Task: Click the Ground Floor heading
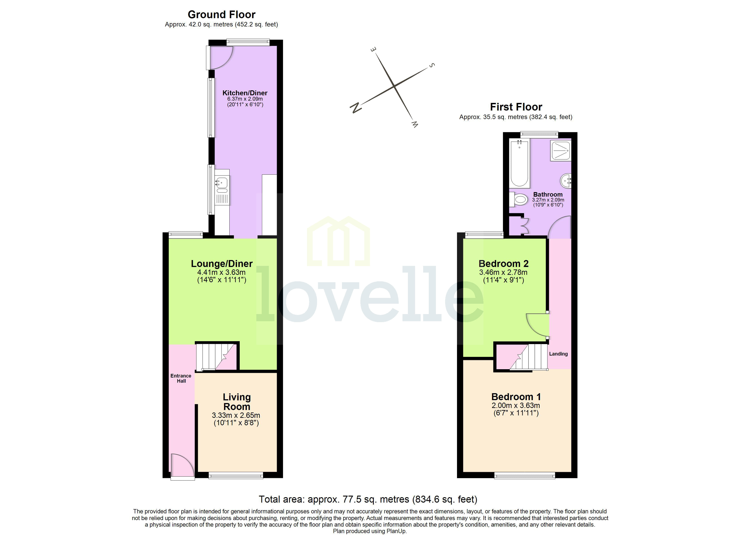click(x=221, y=14)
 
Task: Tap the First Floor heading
click(x=516, y=107)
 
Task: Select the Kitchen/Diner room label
click(x=245, y=93)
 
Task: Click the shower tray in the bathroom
click(x=561, y=150)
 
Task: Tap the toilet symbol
click(x=519, y=199)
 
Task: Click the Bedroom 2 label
click(x=503, y=263)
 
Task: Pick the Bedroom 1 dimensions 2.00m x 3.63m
click(x=516, y=405)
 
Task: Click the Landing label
click(x=558, y=354)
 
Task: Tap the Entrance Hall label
click(x=181, y=378)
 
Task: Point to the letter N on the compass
click(x=356, y=107)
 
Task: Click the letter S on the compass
click(x=432, y=65)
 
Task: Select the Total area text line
click(x=368, y=499)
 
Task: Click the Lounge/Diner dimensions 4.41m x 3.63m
click(x=221, y=272)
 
